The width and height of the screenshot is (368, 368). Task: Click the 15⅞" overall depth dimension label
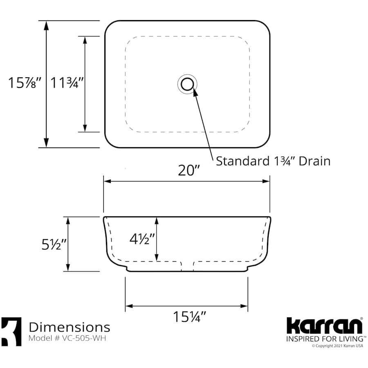[x=25, y=83]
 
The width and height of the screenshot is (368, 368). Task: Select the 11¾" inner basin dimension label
[x=67, y=83]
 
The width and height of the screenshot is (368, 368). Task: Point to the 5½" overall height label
[x=54, y=244]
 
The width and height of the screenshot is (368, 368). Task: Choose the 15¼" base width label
[x=188, y=316]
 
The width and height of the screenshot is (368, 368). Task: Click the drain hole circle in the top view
[x=187, y=84]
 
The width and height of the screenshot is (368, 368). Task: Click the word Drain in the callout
[x=314, y=161]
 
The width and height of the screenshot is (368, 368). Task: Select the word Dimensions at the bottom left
[x=70, y=327]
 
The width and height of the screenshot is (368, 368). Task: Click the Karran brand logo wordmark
[x=324, y=326]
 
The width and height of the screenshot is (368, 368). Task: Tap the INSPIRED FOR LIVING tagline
[x=324, y=339]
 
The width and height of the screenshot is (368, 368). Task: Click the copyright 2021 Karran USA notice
[x=337, y=346]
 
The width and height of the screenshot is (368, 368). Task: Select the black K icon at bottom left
[x=11, y=331]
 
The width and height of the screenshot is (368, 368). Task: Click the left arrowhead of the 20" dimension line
[x=107, y=181]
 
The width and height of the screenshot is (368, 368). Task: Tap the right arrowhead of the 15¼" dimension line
[x=245, y=306]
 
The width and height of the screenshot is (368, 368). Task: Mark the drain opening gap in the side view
[x=187, y=266]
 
